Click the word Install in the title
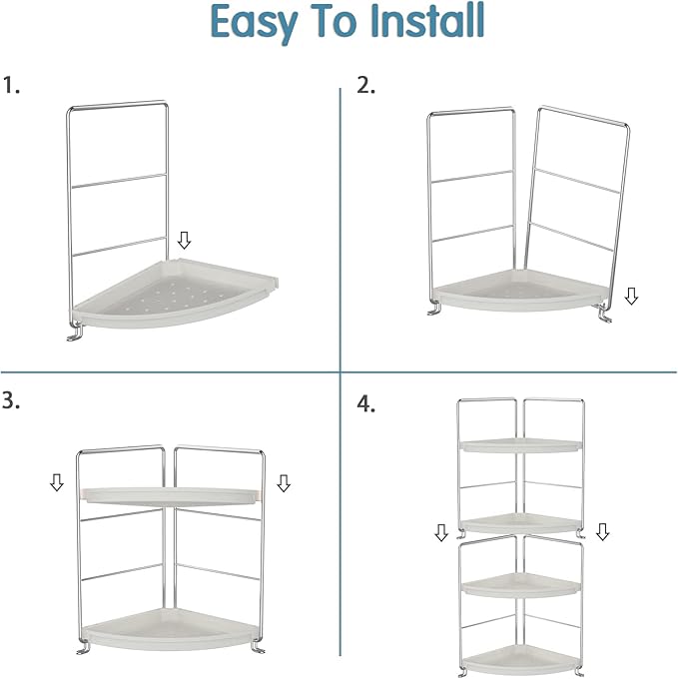coord(427,20)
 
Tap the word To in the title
coord(335,21)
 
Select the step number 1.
coord(11,85)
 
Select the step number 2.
coord(365,85)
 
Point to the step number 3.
coord(11,400)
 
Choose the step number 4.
coord(365,404)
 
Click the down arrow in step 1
coord(185,240)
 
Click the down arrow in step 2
coord(631,296)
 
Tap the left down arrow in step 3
coord(57,482)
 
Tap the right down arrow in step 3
coord(284,483)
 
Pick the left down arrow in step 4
coord(441,532)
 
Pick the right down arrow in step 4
coord(603,532)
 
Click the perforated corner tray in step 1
coord(176,293)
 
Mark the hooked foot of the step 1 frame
coord(75,333)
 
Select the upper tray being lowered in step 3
coord(171,496)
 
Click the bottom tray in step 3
coord(170,628)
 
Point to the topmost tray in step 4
coord(521,445)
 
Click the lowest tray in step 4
coord(520,660)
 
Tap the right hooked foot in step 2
coord(604,314)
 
